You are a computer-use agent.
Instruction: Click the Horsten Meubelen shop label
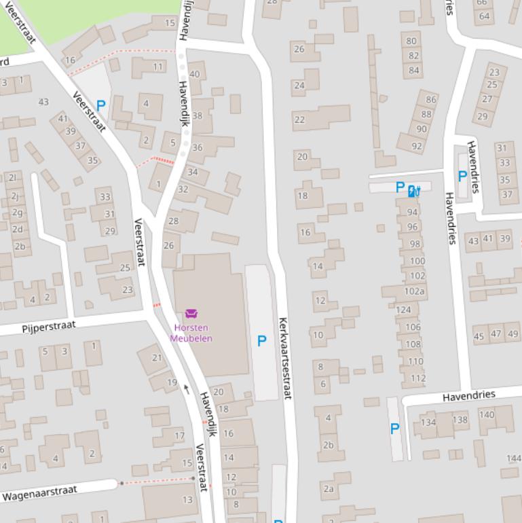click(191, 333)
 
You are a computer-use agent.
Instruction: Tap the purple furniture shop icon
click(191, 314)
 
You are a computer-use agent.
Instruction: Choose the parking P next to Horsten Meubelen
click(262, 341)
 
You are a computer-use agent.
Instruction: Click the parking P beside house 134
click(394, 429)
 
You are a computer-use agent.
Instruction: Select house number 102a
click(414, 291)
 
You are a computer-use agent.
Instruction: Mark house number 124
click(403, 310)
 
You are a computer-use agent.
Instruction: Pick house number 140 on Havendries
click(487, 414)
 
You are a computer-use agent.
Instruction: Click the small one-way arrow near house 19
click(187, 389)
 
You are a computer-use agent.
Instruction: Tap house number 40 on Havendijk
click(195, 75)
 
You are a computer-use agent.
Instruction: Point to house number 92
click(417, 145)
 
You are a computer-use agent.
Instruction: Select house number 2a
click(329, 488)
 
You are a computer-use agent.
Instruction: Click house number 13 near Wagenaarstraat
click(187, 500)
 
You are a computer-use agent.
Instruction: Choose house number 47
click(496, 333)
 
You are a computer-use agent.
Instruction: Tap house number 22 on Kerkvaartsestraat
click(300, 120)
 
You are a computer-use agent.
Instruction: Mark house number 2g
click(17, 212)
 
